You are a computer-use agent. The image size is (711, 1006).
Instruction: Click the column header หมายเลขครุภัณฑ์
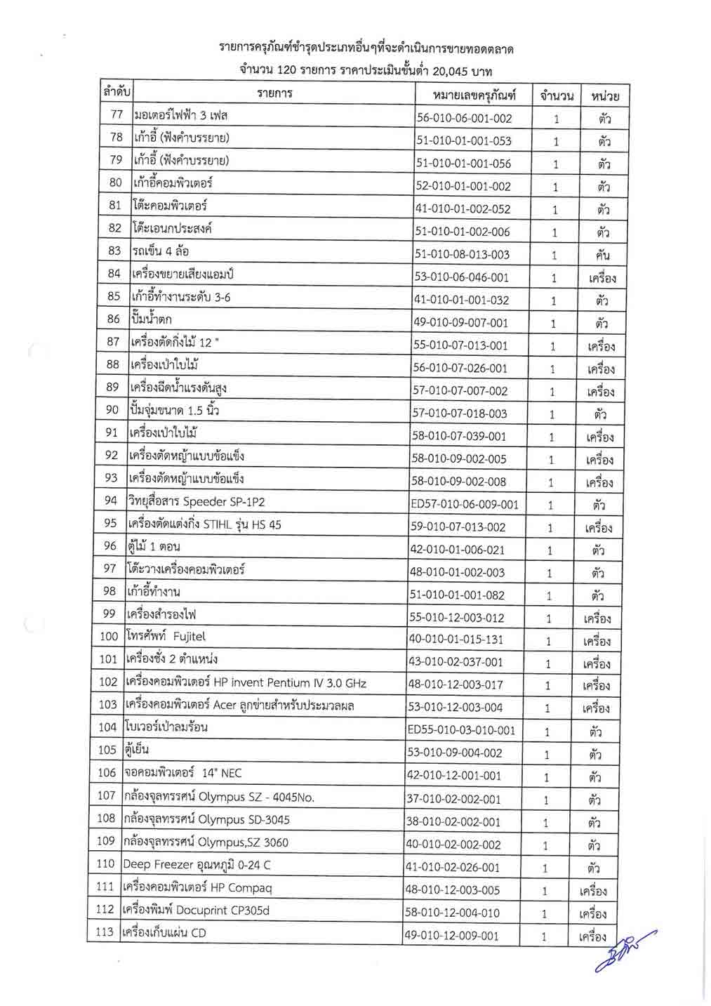click(474, 95)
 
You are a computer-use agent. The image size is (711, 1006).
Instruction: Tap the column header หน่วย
click(604, 95)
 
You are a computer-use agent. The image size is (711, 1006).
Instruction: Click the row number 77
click(117, 114)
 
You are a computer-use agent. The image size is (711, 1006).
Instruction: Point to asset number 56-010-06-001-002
click(464, 118)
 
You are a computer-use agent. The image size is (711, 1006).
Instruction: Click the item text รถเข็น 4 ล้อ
click(160, 251)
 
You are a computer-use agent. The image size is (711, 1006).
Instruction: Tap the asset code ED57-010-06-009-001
click(464, 504)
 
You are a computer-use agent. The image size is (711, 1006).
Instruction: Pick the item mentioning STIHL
click(204, 524)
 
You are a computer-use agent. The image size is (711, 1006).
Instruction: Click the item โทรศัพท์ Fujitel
click(166, 637)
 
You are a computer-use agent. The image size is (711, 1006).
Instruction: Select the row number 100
click(109, 637)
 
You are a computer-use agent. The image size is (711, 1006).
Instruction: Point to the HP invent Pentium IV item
click(246, 682)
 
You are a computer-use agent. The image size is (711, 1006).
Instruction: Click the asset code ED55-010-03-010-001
click(461, 730)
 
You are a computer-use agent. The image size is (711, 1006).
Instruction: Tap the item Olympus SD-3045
click(206, 819)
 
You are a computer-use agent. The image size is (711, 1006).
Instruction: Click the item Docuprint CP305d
click(196, 910)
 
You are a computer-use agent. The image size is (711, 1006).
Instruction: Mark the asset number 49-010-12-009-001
click(451, 936)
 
